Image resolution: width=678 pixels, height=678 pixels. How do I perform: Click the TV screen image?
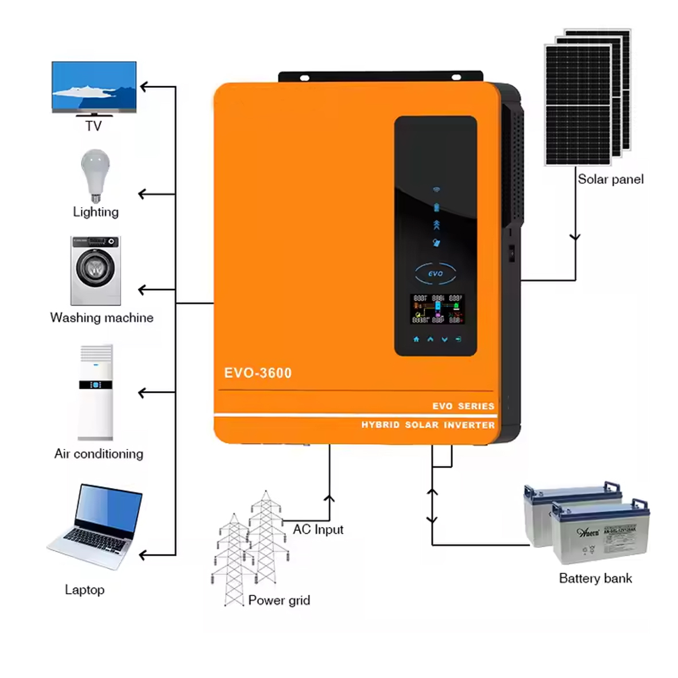pyautogui.click(x=94, y=86)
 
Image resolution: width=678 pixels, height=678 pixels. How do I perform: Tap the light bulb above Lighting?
pyautogui.click(x=95, y=172)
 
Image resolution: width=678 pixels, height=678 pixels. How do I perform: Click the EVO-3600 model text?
pyautogui.click(x=258, y=373)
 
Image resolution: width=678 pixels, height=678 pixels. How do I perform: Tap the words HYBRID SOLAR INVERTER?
pyautogui.click(x=428, y=425)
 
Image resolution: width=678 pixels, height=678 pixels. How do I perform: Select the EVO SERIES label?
pyautogui.click(x=463, y=406)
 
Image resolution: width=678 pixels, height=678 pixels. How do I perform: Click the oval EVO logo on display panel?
pyautogui.click(x=435, y=274)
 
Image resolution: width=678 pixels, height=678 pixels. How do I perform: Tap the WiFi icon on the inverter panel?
pyautogui.click(x=436, y=189)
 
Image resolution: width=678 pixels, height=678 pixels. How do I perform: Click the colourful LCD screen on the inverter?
pyautogui.click(x=437, y=309)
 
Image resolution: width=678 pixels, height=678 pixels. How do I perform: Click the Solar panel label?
pyautogui.click(x=610, y=179)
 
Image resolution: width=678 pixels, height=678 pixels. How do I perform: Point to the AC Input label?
pyautogui.click(x=318, y=529)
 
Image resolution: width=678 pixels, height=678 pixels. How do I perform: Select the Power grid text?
pyautogui.click(x=279, y=600)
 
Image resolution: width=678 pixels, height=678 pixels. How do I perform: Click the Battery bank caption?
pyautogui.click(x=595, y=579)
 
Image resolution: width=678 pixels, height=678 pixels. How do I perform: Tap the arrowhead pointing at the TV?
pyautogui.click(x=144, y=87)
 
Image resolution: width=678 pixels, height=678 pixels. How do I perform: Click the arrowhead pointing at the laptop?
pyautogui.click(x=144, y=555)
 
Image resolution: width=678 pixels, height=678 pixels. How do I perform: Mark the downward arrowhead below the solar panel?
pyautogui.click(x=575, y=237)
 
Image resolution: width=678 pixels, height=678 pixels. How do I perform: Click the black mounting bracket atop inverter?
pyautogui.click(x=380, y=77)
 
